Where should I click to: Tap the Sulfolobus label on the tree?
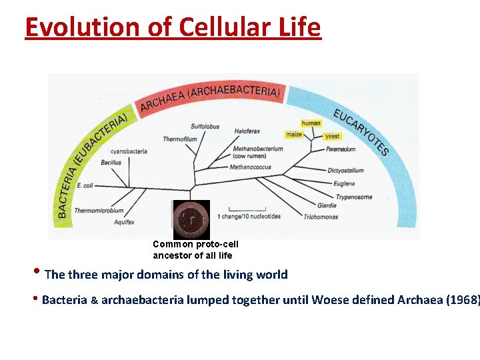[x=205, y=127]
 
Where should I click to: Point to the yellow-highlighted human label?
[x=311, y=123]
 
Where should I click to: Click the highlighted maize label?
[x=294, y=134]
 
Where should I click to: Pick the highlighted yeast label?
[x=332, y=136]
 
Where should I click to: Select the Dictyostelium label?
[x=345, y=170]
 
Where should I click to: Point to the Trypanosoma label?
[x=353, y=197]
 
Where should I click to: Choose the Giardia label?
[x=327, y=205]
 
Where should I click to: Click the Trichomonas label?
[x=320, y=217]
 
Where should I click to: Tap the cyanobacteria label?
[x=129, y=151]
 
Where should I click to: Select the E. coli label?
[x=85, y=185]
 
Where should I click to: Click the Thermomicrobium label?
[x=99, y=211]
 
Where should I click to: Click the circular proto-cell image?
[x=191, y=219]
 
